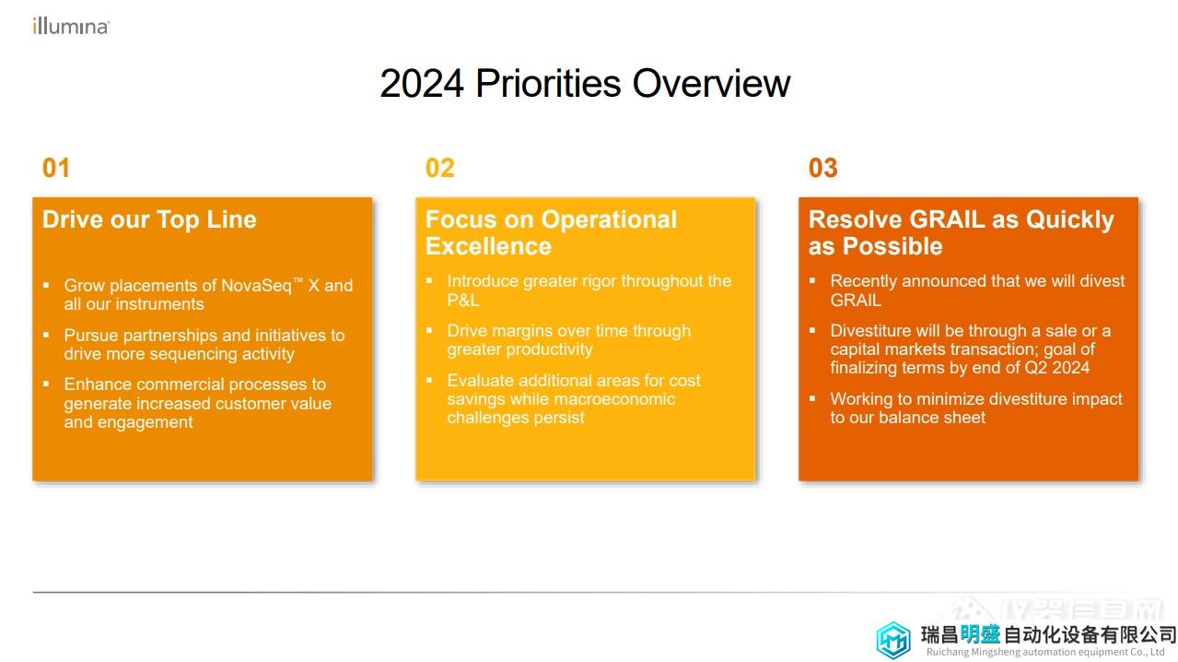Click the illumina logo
71,27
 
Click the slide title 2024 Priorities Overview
585,83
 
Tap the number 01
56,168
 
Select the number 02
439,168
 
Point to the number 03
823,168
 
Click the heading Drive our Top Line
149,219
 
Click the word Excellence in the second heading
488,246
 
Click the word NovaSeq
257,286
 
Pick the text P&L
462,301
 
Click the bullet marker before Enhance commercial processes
46,384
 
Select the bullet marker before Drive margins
429,330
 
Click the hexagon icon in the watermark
893,640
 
